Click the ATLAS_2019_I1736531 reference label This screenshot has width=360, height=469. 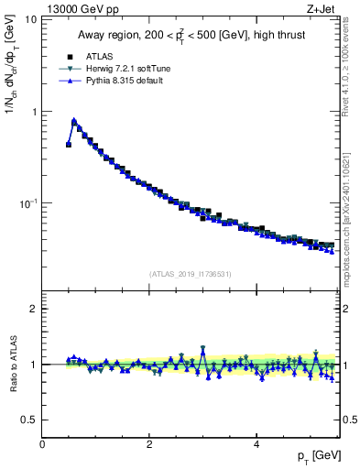click(x=191, y=273)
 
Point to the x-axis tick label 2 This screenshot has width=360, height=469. click(x=149, y=444)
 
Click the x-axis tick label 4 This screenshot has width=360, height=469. click(x=256, y=444)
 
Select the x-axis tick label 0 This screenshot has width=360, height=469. click(x=43, y=444)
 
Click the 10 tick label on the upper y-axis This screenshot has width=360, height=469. click(x=30, y=19)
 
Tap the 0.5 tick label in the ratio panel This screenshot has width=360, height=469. click(x=28, y=420)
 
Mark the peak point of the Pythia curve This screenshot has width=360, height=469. click(x=74, y=120)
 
